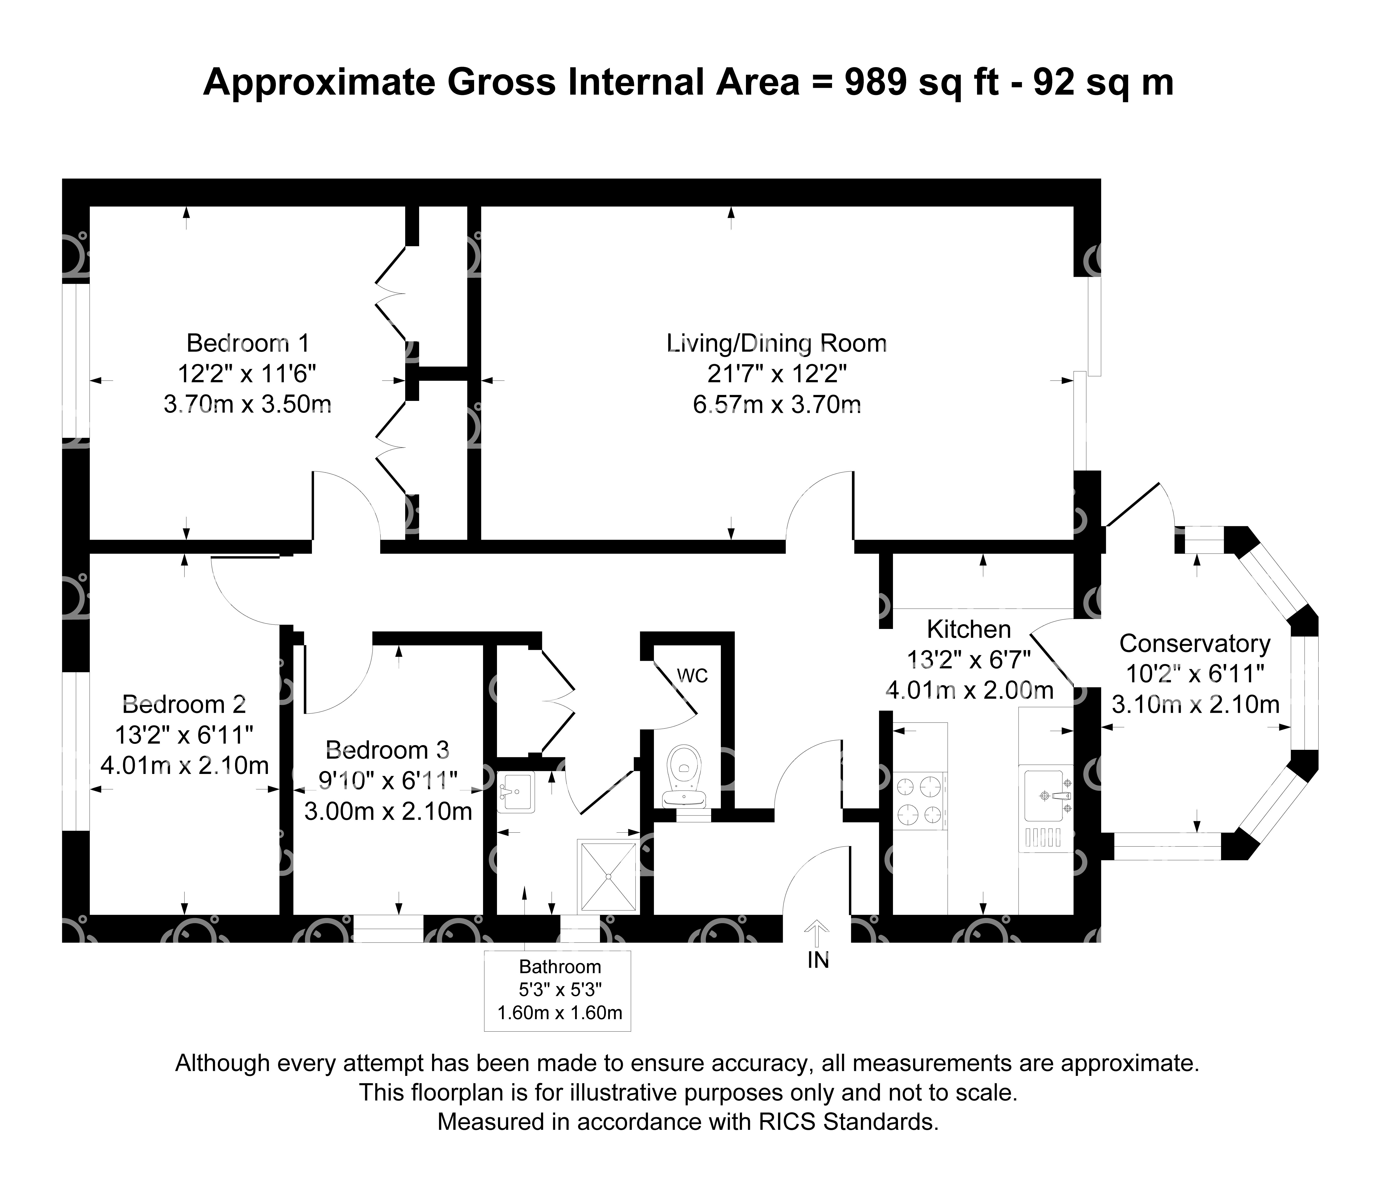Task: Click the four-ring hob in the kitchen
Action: point(920,801)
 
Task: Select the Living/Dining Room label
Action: point(777,343)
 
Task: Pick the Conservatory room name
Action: point(1195,644)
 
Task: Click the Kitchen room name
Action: point(969,629)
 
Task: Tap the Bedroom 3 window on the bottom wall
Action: point(388,928)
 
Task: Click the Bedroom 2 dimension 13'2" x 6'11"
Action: point(185,735)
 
